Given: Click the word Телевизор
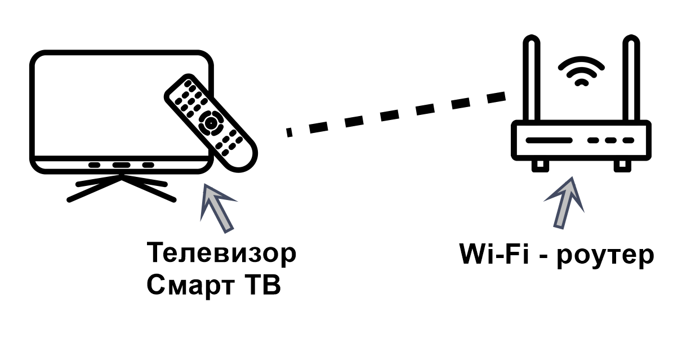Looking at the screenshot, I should click(x=221, y=254).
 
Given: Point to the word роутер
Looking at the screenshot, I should click(x=606, y=256).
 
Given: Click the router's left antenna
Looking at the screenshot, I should click(x=532, y=79).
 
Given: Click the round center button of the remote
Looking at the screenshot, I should click(x=210, y=121).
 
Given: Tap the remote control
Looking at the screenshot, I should click(x=210, y=122).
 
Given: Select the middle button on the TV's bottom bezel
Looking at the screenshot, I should click(x=121, y=165).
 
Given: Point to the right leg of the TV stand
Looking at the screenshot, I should click(x=149, y=189).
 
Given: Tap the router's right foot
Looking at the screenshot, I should click(x=622, y=164).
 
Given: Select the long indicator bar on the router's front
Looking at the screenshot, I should click(x=549, y=140).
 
